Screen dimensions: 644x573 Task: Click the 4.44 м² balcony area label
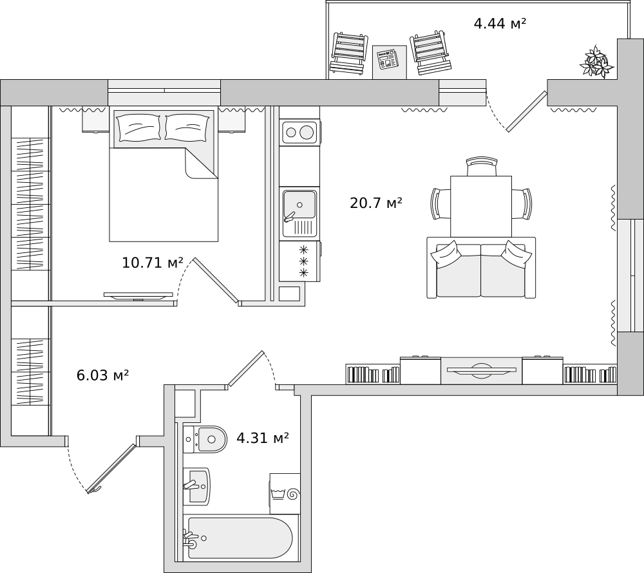[x=500, y=23]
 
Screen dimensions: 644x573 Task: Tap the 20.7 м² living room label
[x=376, y=203]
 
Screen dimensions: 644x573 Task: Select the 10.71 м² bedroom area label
[x=153, y=262]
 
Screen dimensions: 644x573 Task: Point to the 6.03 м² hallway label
[x=103, y=375]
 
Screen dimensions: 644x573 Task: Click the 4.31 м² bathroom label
[x=263, y=438]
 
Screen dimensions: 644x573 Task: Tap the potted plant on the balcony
[x=596, y=62]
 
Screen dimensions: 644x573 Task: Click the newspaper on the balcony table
[x=388, y=59]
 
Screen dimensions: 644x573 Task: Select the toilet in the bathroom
[x=205, y=439]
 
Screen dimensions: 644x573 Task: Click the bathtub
[x=240, y=538]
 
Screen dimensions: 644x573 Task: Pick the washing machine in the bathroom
[x=285, y=493]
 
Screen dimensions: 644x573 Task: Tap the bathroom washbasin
[x=196, y=486]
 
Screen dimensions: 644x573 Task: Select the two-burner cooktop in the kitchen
[x=299, y=132]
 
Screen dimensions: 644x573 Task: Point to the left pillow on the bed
[x=138, y=127]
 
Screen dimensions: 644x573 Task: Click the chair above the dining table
[x=482, y=167]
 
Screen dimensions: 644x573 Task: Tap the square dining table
[x=481, y=207]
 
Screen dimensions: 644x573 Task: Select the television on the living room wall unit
[x=481, y=370]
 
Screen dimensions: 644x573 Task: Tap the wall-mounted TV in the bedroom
[x=138, y=296]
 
